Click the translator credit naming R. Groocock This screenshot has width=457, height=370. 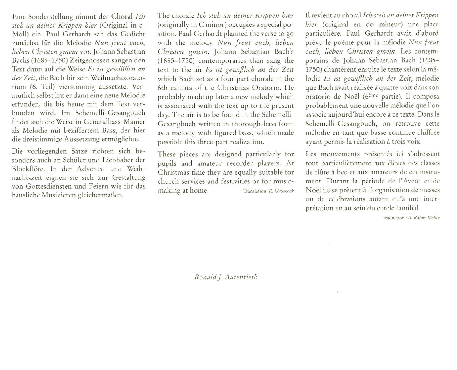point(268,191)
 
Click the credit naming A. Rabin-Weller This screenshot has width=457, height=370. point(411,218)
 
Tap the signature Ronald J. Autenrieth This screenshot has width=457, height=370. point(226,277)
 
